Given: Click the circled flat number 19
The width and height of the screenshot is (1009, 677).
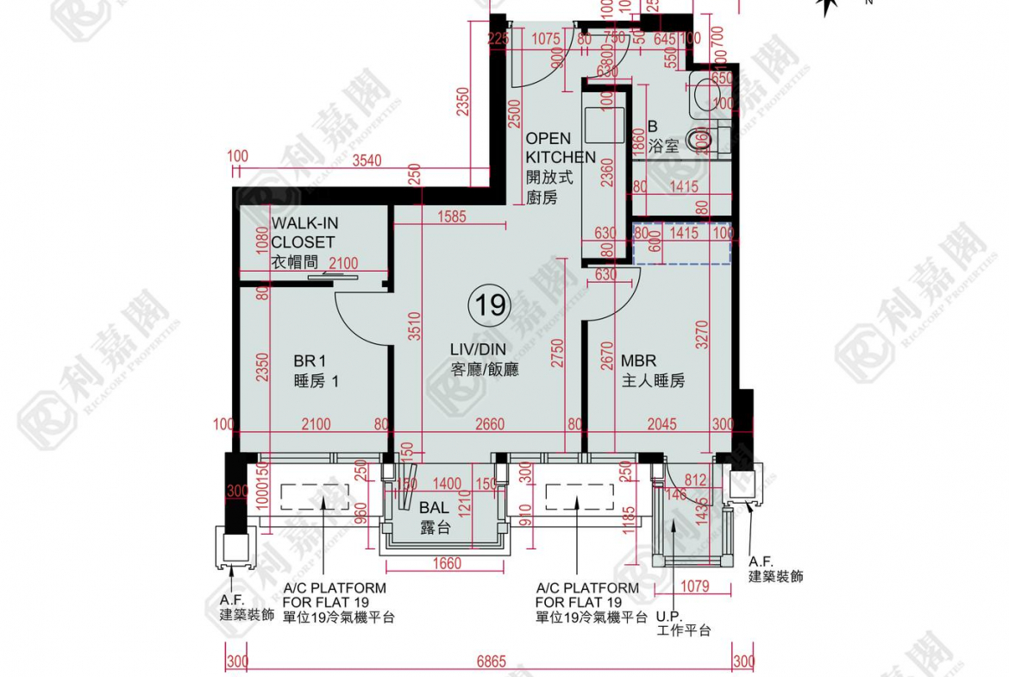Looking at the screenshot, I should (x=488, y=304).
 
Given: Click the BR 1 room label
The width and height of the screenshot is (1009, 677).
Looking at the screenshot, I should (x=310, y=371).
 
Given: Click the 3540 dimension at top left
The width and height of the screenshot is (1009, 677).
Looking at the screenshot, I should (x=368, y=158).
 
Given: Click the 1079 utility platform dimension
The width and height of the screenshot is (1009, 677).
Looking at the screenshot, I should (x=693, y=587).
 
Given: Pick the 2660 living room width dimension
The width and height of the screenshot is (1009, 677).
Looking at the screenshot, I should (x=488, y=424).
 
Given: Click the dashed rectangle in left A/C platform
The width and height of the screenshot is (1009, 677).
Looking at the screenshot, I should (x=314, y=497).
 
